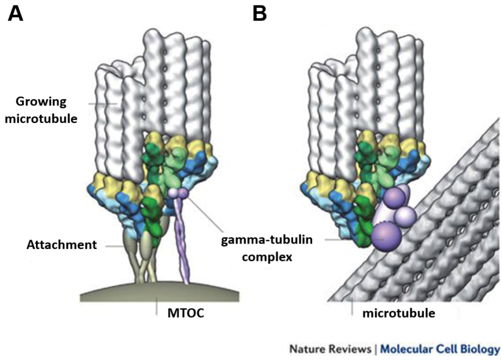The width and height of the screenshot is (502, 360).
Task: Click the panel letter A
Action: pyautogui.click(x=16, y=14)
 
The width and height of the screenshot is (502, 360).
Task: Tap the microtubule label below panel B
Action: pyautogui.click(x=399, y=312)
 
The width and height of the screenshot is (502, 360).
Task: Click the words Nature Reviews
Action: pyautogui.click(x=330, y=349)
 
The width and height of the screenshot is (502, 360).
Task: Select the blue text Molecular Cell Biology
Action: pyautogui.click(x=440, y=349)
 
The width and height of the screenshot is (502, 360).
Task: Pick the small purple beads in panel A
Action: pyautogui.click(x=177, y=194)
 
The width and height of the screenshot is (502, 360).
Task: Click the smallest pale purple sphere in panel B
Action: pyautogui.click(x=405, y=215)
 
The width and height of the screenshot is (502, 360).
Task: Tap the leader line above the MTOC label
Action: pyautogui.click(x=156, y=307)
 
